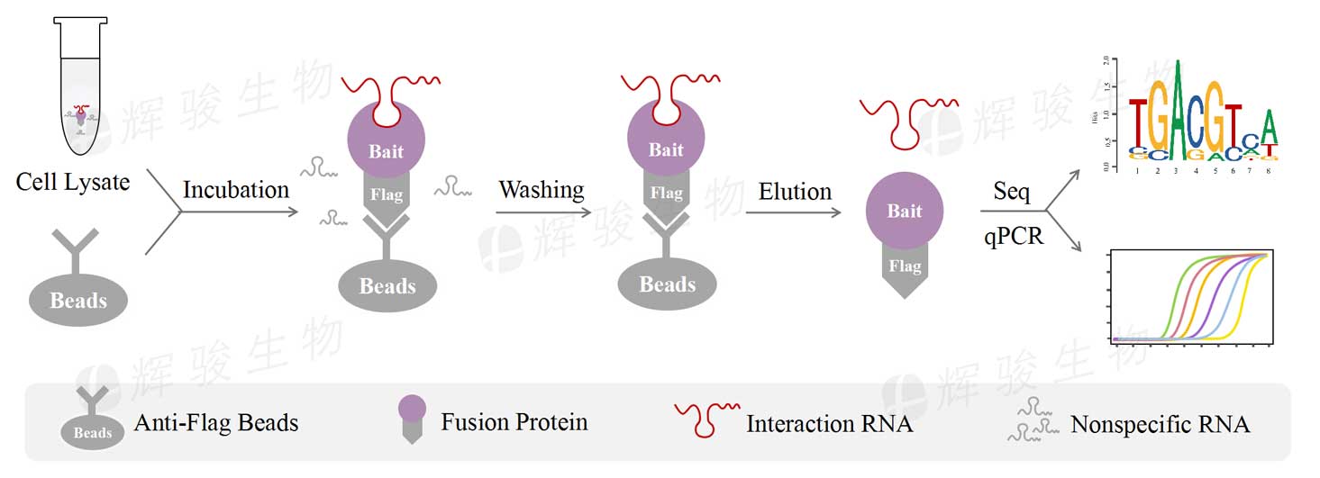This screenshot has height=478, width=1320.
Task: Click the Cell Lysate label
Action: coord(73,183)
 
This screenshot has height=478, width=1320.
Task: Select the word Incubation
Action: coord(236,190)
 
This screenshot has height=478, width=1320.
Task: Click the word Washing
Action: coord(542,190)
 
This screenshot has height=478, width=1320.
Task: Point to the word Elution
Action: coord(795,192)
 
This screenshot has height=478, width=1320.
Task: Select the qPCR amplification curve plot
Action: coord(1190,298)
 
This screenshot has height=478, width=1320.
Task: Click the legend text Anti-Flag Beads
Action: coord(215,422)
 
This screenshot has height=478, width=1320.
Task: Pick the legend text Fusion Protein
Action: coord(514,421)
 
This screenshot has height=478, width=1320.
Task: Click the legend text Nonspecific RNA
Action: coord(1160,424)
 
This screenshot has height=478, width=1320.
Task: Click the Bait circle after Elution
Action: coord(904,212)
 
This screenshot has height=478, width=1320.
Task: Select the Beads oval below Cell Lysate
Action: coord(79,299)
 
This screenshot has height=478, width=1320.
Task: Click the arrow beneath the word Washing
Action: coord(543,213)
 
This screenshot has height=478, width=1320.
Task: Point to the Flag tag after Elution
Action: coord(904,268)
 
